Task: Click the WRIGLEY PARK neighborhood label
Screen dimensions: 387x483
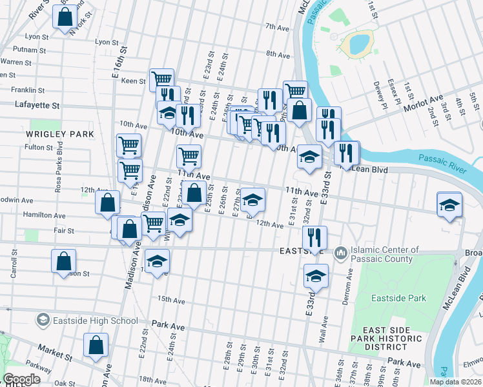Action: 60,134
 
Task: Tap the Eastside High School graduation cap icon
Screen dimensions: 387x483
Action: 43,320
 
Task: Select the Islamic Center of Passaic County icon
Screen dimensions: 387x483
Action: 340,254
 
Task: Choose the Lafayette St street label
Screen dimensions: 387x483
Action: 37,104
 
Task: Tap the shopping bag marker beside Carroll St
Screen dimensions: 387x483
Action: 63,261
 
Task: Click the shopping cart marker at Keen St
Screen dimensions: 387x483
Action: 161,79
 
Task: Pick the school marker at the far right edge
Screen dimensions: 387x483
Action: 449,204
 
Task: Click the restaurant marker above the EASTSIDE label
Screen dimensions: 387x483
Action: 314,237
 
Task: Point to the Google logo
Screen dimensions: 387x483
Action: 21,379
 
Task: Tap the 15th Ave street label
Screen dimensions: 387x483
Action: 171,301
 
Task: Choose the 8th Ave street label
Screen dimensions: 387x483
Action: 278,55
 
